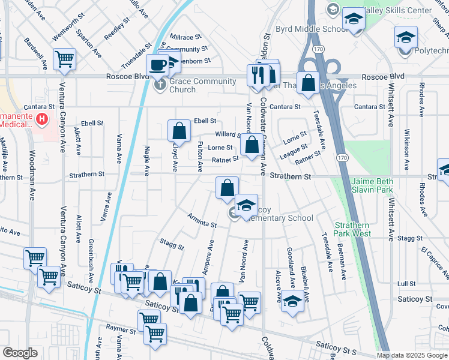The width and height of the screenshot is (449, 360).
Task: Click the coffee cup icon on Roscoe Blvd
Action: [158, 65]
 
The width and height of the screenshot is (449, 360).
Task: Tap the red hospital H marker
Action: [41, 119]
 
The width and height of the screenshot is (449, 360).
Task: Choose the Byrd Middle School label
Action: [304, 29]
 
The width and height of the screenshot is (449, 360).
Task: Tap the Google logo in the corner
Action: [20, 353]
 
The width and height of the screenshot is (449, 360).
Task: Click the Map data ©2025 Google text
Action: [412, 355]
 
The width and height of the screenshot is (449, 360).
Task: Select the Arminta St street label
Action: [202, 220]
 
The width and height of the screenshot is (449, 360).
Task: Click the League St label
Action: [293, 150]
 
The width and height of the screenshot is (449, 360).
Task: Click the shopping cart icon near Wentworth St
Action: [64, 59]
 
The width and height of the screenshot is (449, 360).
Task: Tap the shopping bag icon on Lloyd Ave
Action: [179, 130]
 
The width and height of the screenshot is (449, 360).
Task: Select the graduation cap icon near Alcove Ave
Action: [293, 301]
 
